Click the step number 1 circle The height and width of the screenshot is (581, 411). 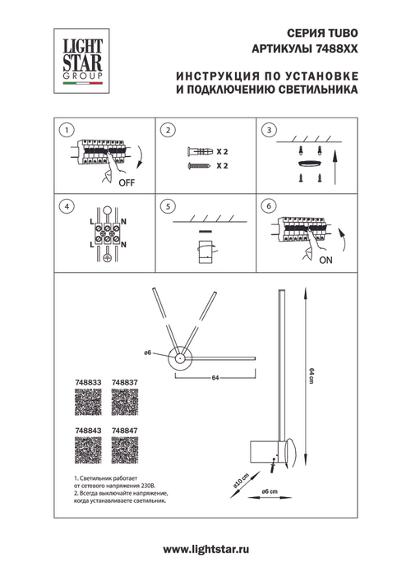pos(67,130)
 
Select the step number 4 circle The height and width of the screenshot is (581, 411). pos(67,205)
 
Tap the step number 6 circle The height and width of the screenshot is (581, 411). pos(268,205)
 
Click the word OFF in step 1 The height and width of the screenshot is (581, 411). pos(126,183)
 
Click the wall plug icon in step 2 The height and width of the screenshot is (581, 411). pos(200,152)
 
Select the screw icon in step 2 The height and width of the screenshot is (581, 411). pos(200,165)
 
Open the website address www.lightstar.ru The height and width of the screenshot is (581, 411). pos(205,548)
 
